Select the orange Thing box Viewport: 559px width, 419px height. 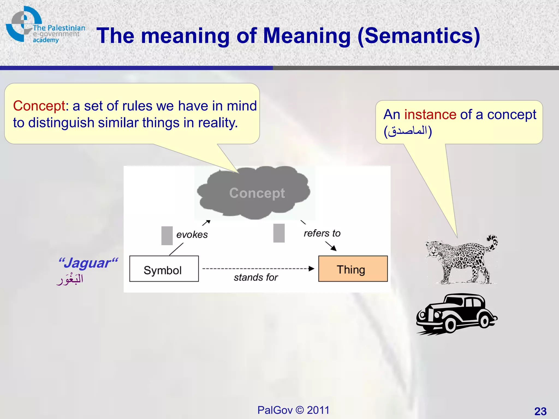pyautogui.click(x=353, y=269)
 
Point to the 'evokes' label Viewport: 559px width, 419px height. pyautogui.click(x=192, y=235)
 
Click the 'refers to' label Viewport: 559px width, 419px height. pyautogui.click(x=322, y=233)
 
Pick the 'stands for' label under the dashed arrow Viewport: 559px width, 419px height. pyautogui.click(x=256, y=277)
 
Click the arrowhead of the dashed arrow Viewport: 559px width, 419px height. pyautogui.click(x=311, y=269)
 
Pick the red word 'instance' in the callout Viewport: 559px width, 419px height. pyautogui.click(x=430, y=114)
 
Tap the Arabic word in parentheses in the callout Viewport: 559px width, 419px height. pyautogui.click(x=408, y=131)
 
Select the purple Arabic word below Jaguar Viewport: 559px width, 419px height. pyautogui.click(x=70, y=279)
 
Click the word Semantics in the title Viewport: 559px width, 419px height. pyautogui.click(x=418, y=36)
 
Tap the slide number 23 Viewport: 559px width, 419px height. pyautogui.click(x=540, y=411)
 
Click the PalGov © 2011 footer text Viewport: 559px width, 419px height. pyautogui.click(x=293, y=410)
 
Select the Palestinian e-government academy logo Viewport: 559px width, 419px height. pyautogui.click(x=45, y=26)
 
